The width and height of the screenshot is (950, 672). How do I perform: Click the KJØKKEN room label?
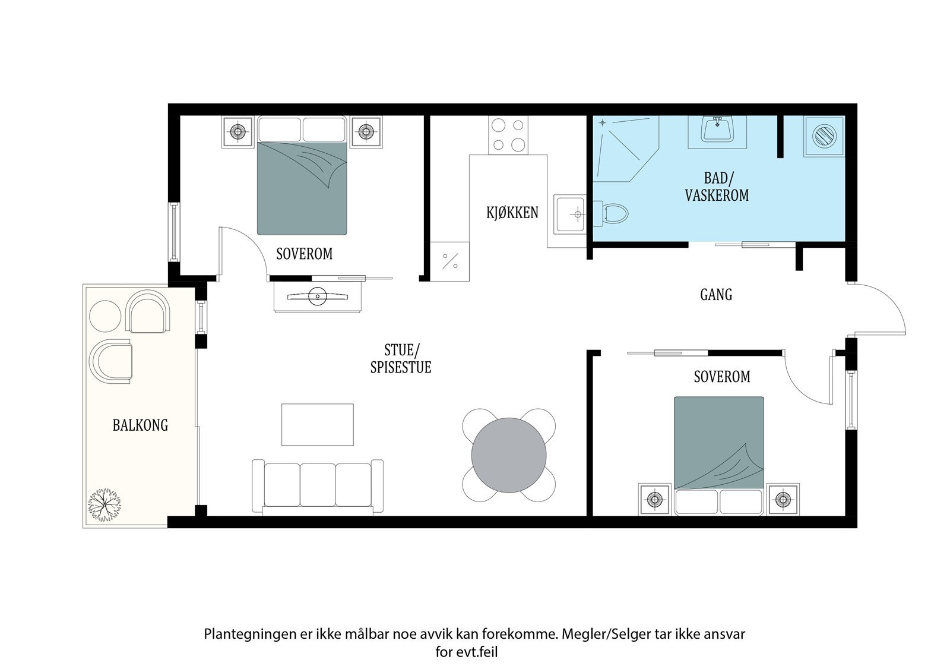tap(512, 212)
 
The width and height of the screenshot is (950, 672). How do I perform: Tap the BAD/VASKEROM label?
tap(717, 187)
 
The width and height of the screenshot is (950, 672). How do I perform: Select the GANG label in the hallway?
tap(716, 294)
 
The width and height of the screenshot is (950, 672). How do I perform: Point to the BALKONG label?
tap(140, 425)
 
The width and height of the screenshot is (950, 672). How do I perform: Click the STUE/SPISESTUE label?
tap(401, 359)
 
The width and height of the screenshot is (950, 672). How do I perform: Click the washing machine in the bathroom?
tap(824, 136)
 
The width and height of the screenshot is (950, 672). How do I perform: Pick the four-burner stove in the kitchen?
tap(508, 135)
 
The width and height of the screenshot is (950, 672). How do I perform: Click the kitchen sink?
tap(570, 214)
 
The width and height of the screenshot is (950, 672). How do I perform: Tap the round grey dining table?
tap(508, 455)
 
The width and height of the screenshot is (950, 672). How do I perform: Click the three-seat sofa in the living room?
tap(318, 487)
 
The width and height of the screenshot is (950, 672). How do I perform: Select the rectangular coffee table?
tap(318, 424)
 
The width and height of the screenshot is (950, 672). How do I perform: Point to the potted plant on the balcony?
tap(104, 505)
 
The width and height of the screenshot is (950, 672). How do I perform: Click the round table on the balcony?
tap(105, 316)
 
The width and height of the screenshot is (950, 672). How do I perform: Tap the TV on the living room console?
tap(318, 296)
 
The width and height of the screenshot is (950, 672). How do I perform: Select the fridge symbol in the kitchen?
tap(449, 261)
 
